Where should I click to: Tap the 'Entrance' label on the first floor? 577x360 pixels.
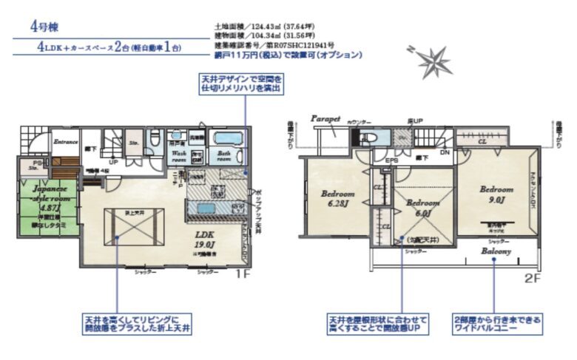[x=65, y=141]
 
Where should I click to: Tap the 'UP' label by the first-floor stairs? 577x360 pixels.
[x=113, y=161]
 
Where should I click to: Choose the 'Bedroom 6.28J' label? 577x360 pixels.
[x=337, y=198]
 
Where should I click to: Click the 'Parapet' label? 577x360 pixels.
[x=325, y=118]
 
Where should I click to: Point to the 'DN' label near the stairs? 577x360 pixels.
[x=445, y=152]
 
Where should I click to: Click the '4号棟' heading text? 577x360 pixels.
[x=44, y=25]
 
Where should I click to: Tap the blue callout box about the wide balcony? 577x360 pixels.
[x=496, y=323]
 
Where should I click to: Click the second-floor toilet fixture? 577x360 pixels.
[x=368, y=137]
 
